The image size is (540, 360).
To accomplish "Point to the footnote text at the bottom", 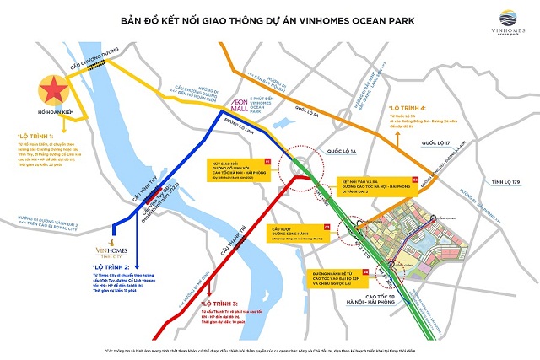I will pyautogui.click(x=269, y=349).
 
